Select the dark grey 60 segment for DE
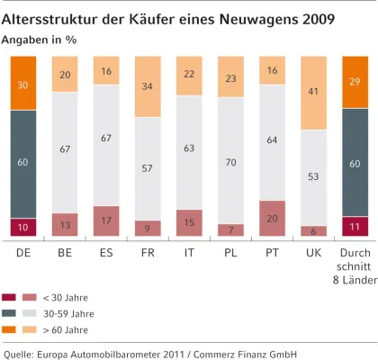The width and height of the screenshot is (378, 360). (23, 164)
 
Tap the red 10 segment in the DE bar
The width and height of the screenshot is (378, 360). (23, 227)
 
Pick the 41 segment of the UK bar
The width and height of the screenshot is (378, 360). (313, 92)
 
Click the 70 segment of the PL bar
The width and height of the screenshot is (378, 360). (230, 162)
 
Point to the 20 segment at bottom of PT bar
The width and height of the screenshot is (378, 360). (272, 219)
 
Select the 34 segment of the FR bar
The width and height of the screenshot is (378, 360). (148, 86)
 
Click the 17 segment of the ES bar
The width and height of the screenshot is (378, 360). (106, 221)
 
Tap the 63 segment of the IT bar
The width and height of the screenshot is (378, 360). (189, 148)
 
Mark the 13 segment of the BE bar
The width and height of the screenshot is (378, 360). (65, 225)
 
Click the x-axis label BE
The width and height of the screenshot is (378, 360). (65, 254)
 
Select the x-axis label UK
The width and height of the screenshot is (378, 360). (313, 254)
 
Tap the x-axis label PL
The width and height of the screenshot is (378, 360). (230, 254)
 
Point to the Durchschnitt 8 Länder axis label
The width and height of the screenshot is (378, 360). (355, 267)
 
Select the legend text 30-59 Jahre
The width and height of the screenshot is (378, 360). (68, 314)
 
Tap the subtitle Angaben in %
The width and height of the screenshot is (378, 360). (39, 40)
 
